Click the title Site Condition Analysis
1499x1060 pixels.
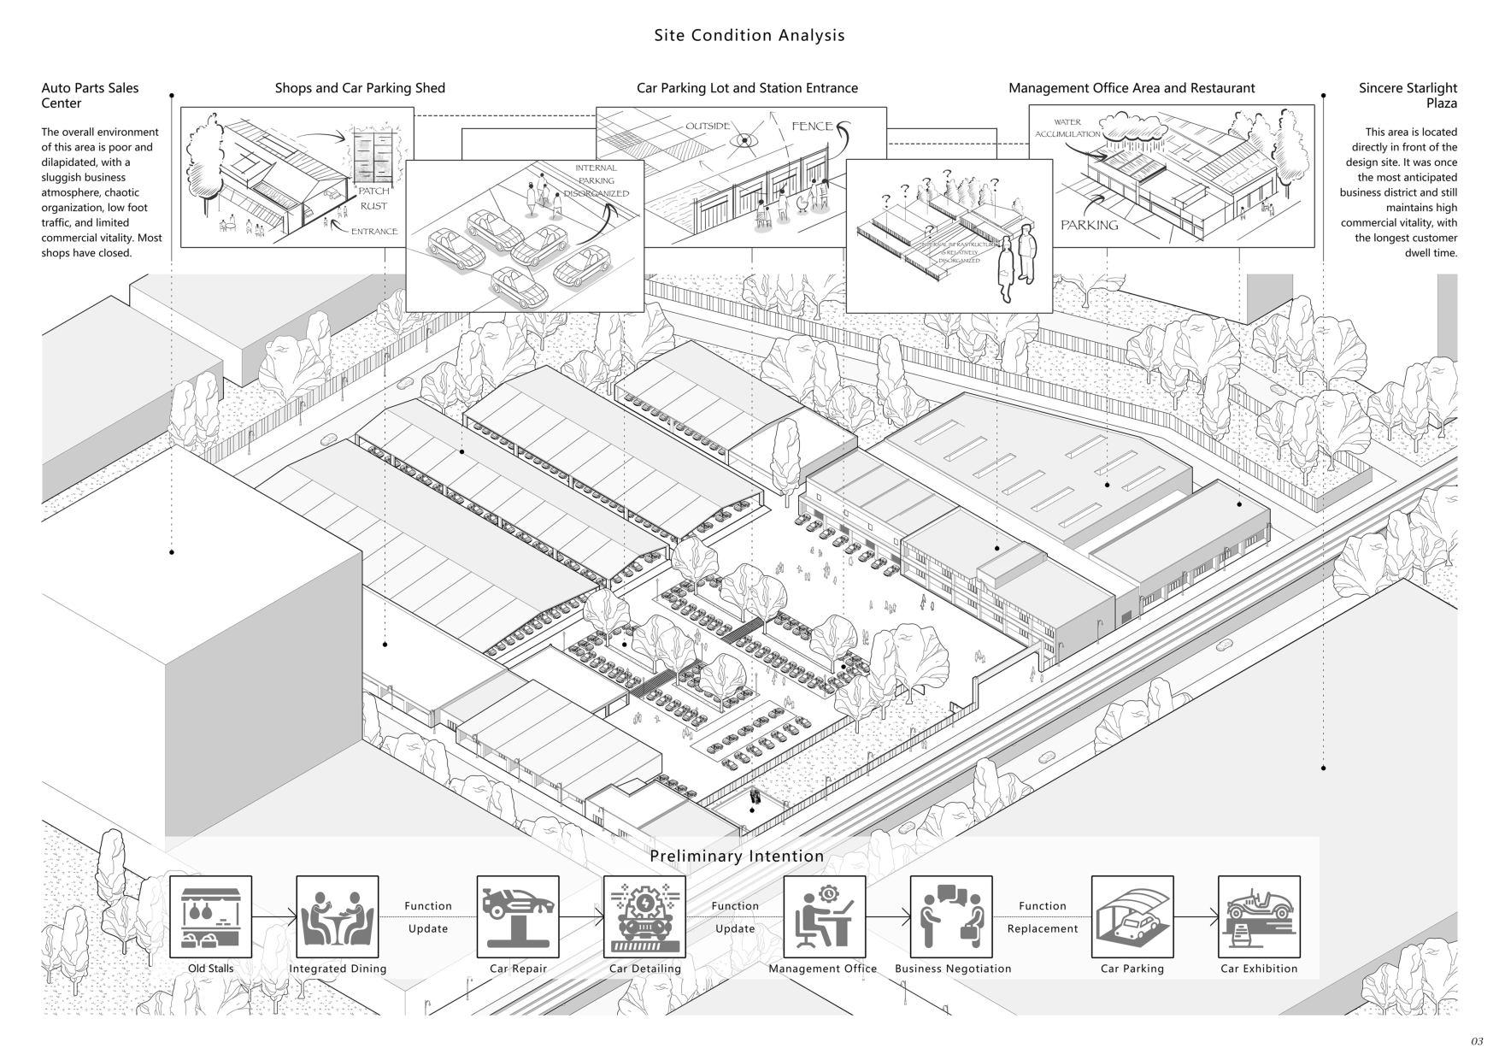[x=749, y=35]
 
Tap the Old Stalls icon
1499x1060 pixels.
[x=210, y=916]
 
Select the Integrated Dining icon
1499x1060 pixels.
[x=338, y=916]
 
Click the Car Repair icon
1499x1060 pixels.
[x=518, y=916]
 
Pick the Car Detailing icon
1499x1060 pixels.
[x=644, y=916]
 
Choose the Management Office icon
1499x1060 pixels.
[x=824, y=916]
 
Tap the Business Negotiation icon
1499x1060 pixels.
[x=951, y=916]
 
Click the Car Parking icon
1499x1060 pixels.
[x=1132, y=916]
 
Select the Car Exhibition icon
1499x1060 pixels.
[x=1259, y=916]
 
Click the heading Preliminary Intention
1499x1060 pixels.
[x=737, y=856]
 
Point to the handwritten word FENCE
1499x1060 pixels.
[x=812, y=127]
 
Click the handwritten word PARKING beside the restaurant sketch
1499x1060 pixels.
[x=1089, y=226]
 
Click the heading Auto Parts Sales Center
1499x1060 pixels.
[x=90, y=95]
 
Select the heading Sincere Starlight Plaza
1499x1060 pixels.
[x=1408, y=95]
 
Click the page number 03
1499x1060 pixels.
[x=1477, y=1041]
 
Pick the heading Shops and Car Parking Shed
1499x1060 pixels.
[x=360, y=88]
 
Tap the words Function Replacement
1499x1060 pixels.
[x=1043, y=917]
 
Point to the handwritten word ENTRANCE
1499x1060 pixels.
[x=373, y=232]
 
